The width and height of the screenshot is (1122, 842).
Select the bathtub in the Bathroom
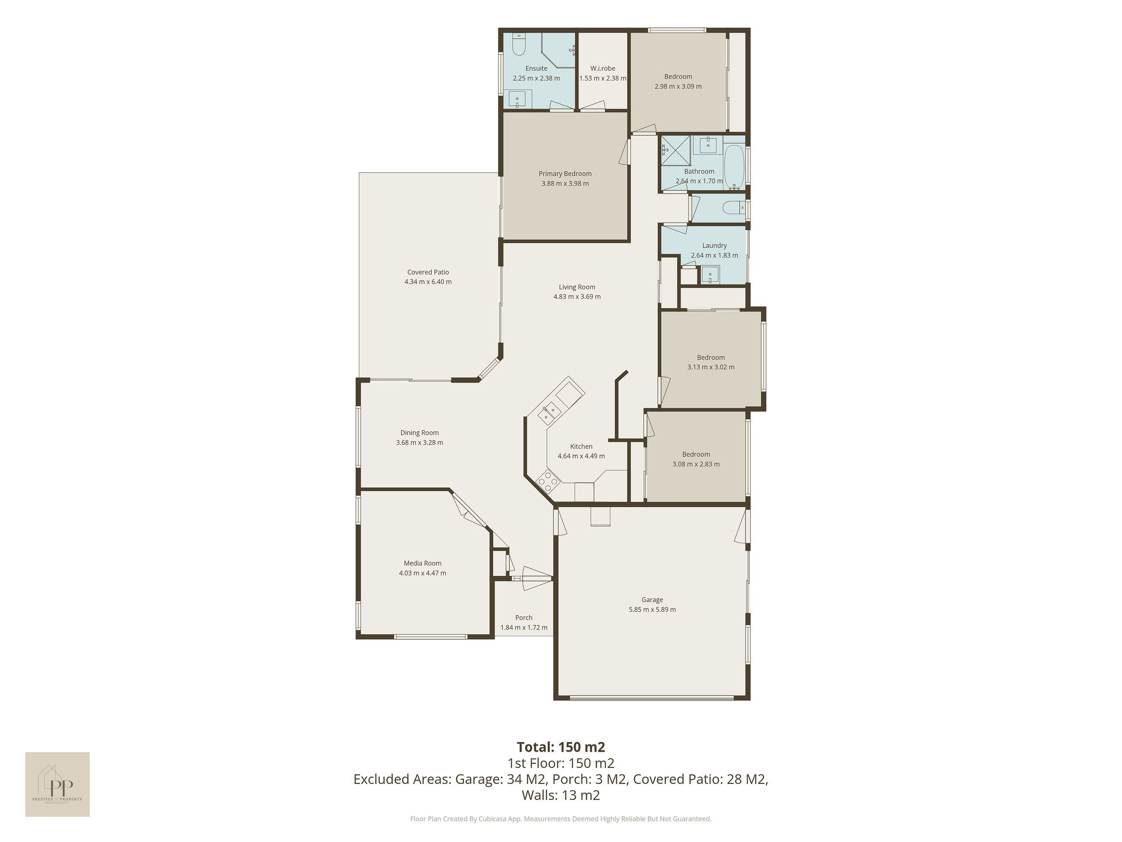click(735, 167)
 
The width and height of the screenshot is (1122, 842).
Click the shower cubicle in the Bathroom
click(676, 150)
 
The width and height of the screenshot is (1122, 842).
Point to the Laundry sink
click(711, 275)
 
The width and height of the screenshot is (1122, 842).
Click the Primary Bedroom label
click(565, 174)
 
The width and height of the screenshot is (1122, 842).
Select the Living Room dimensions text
click(577, 297)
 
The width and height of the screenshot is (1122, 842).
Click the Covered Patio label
click(428, 272)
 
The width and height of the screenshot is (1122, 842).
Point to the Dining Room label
click(420, 433)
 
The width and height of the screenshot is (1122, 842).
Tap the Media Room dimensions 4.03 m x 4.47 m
click(422, 573)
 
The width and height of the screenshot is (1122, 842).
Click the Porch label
click(524, 618)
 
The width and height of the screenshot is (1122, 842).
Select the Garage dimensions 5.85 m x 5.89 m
click(652, 610)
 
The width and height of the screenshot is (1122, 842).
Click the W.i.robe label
click(603, 69)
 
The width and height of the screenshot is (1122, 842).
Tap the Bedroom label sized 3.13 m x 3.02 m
click(711, 357)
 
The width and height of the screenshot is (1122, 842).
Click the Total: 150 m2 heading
click(561, 747)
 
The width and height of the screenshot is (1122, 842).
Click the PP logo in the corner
click(58, 784)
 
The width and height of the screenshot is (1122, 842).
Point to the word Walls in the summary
click(540, 795)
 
